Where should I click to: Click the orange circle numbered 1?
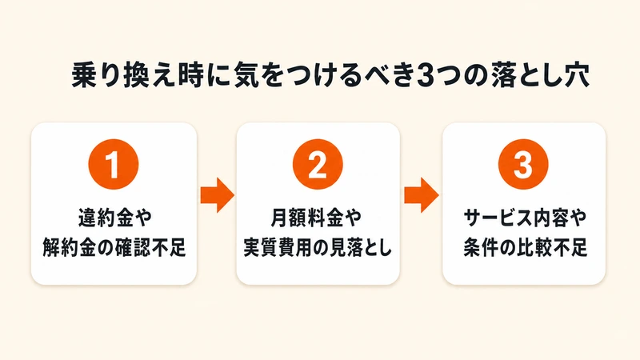pos(114,164)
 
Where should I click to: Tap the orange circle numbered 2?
pos(318,164)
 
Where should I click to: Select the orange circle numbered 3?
pos(523,164)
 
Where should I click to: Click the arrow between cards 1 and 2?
pos(217,195)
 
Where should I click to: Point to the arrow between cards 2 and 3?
pos(422,195)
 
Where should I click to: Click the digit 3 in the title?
pos(426,75)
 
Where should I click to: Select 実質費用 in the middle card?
pos(279,247)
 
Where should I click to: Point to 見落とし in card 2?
pos(360,247)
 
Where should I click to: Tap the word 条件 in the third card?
pos(482,247)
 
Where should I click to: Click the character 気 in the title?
pos(246,75)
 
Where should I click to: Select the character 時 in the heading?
pos(191,75)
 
